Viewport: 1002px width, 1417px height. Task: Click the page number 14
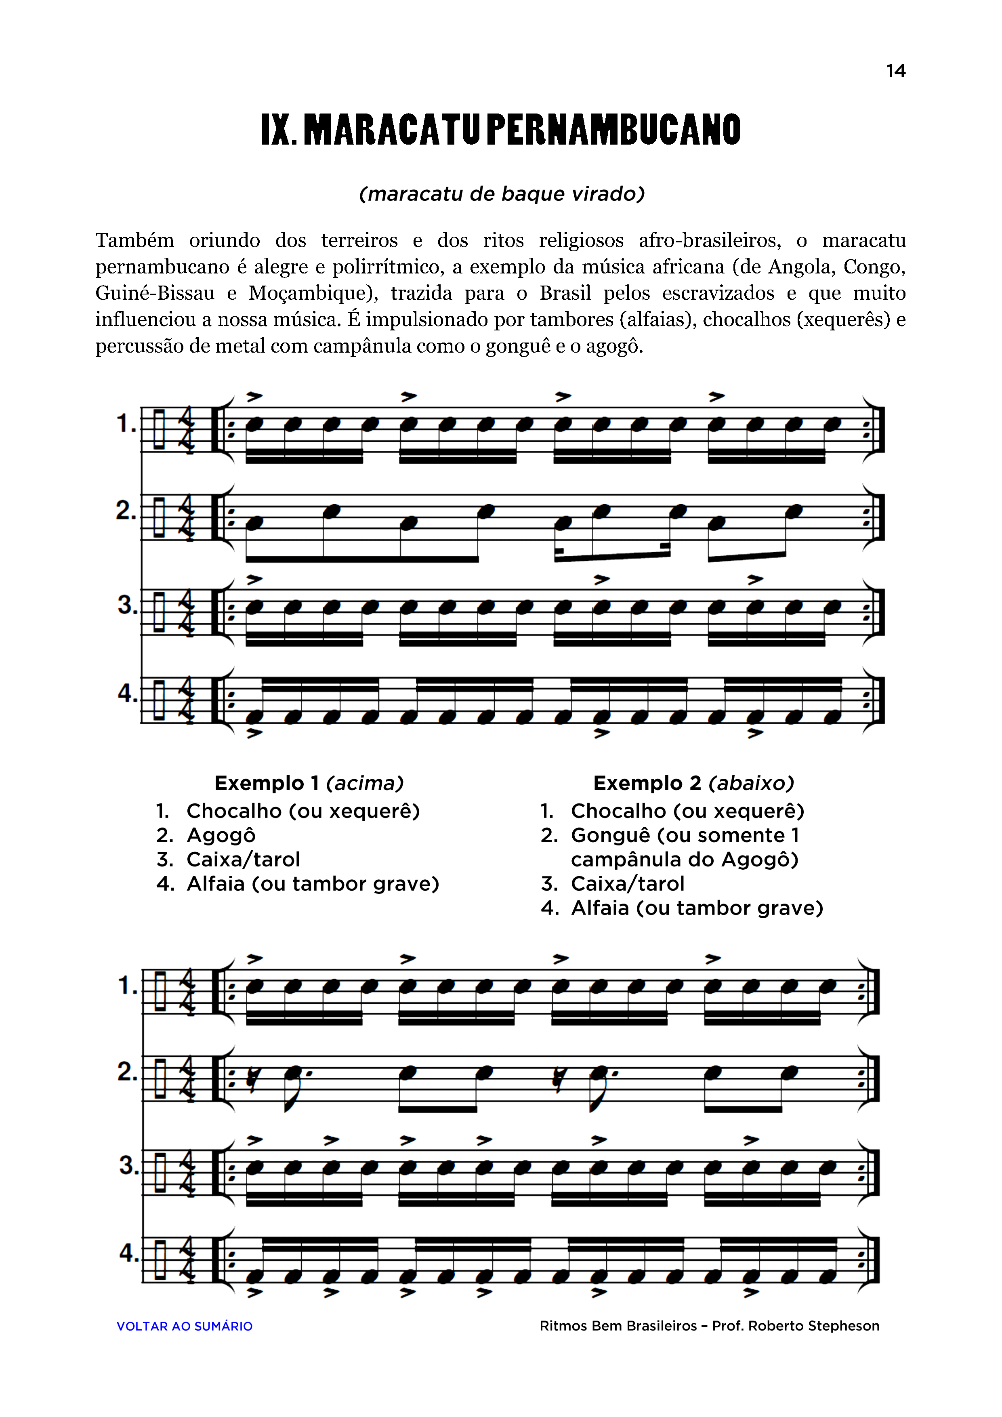coord(895,71)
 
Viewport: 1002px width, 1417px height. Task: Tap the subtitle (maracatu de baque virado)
coord(502,194)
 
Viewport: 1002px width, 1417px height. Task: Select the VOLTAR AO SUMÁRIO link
coord(185,1326)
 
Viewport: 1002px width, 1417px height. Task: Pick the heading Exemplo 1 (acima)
coord(309,783)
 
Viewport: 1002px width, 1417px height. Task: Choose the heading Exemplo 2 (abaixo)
coord(693,783)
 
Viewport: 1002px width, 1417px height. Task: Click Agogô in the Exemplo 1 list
coord(221,835)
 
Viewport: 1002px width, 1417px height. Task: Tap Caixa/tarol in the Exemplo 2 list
coord(628,884)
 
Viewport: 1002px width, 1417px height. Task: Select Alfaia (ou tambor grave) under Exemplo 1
coord(313,884)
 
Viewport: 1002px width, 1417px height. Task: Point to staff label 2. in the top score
coord(126,511)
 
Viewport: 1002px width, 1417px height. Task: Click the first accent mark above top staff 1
coord(254,397)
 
